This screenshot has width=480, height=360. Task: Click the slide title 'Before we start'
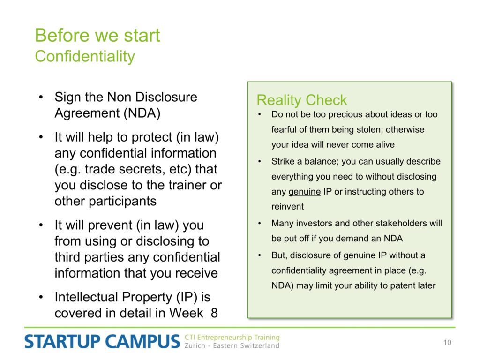[x=97, y=35]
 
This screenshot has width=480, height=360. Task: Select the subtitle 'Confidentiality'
[x=85, y=57]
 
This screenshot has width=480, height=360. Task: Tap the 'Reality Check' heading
[x=301, y=100]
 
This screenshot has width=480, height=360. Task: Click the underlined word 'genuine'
[x=305, y=192]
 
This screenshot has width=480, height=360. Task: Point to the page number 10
[x=447, y=342]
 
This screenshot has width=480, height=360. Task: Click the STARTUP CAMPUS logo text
[x=102, y=341]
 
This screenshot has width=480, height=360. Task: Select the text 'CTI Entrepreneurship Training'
[x=232, y=337]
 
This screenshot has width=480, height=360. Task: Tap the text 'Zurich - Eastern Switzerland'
[x=232, y=345]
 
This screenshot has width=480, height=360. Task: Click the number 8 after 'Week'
[x=214, y=313]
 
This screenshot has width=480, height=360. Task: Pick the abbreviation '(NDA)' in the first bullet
[x=142, y=113]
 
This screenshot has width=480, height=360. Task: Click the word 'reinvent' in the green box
[x=287, y=207]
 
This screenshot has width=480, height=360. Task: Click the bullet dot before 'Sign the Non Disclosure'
[x=41, y=97]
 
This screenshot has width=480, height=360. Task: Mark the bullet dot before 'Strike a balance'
[x=260, y=162]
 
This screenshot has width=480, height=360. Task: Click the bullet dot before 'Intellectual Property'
[x=41, y=297]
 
